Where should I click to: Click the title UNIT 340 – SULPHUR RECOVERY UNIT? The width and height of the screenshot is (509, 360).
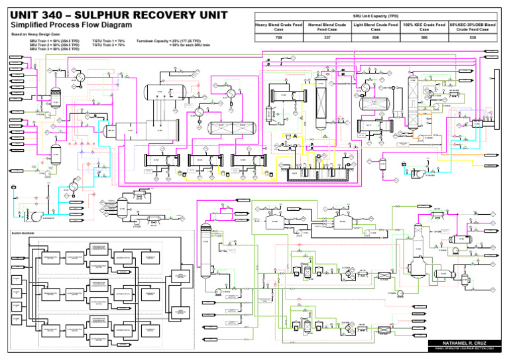point(119,15)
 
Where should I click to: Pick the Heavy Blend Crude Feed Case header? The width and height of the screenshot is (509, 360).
point(279,27)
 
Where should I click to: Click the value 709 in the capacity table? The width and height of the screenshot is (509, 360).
point(279,38)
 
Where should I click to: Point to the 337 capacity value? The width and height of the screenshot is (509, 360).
point(327,38)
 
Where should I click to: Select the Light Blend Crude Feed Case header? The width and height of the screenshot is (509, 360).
point(376,27)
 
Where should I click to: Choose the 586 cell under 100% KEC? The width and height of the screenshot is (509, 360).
point(424,38)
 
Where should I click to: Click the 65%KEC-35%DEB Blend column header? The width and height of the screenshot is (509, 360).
point(473,27)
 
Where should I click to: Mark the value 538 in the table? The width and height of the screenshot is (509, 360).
point(473,38)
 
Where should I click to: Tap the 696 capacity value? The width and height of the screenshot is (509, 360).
point(376,38)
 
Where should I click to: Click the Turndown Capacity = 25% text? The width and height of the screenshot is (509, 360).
point(168,40)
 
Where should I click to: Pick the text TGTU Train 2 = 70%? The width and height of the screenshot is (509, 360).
point(109,44)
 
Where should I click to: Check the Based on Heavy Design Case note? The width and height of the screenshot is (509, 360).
point(32,34)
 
